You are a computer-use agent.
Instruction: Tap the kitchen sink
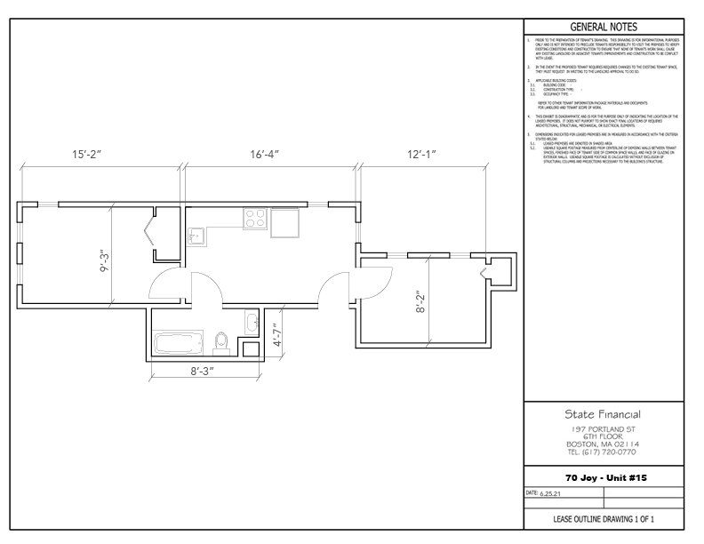coord(198,236)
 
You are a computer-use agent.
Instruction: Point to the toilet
coord(223,342)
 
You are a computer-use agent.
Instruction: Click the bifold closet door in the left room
coord(148,236)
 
